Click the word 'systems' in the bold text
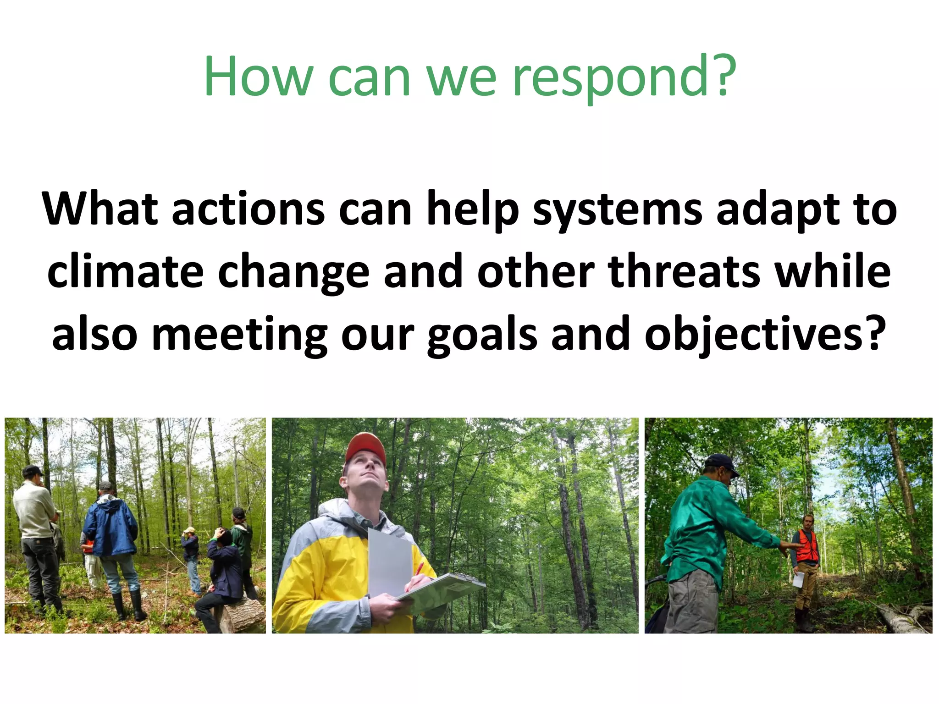coord(617,210)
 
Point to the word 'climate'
coord(125,271)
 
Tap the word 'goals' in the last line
coord(481,335)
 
